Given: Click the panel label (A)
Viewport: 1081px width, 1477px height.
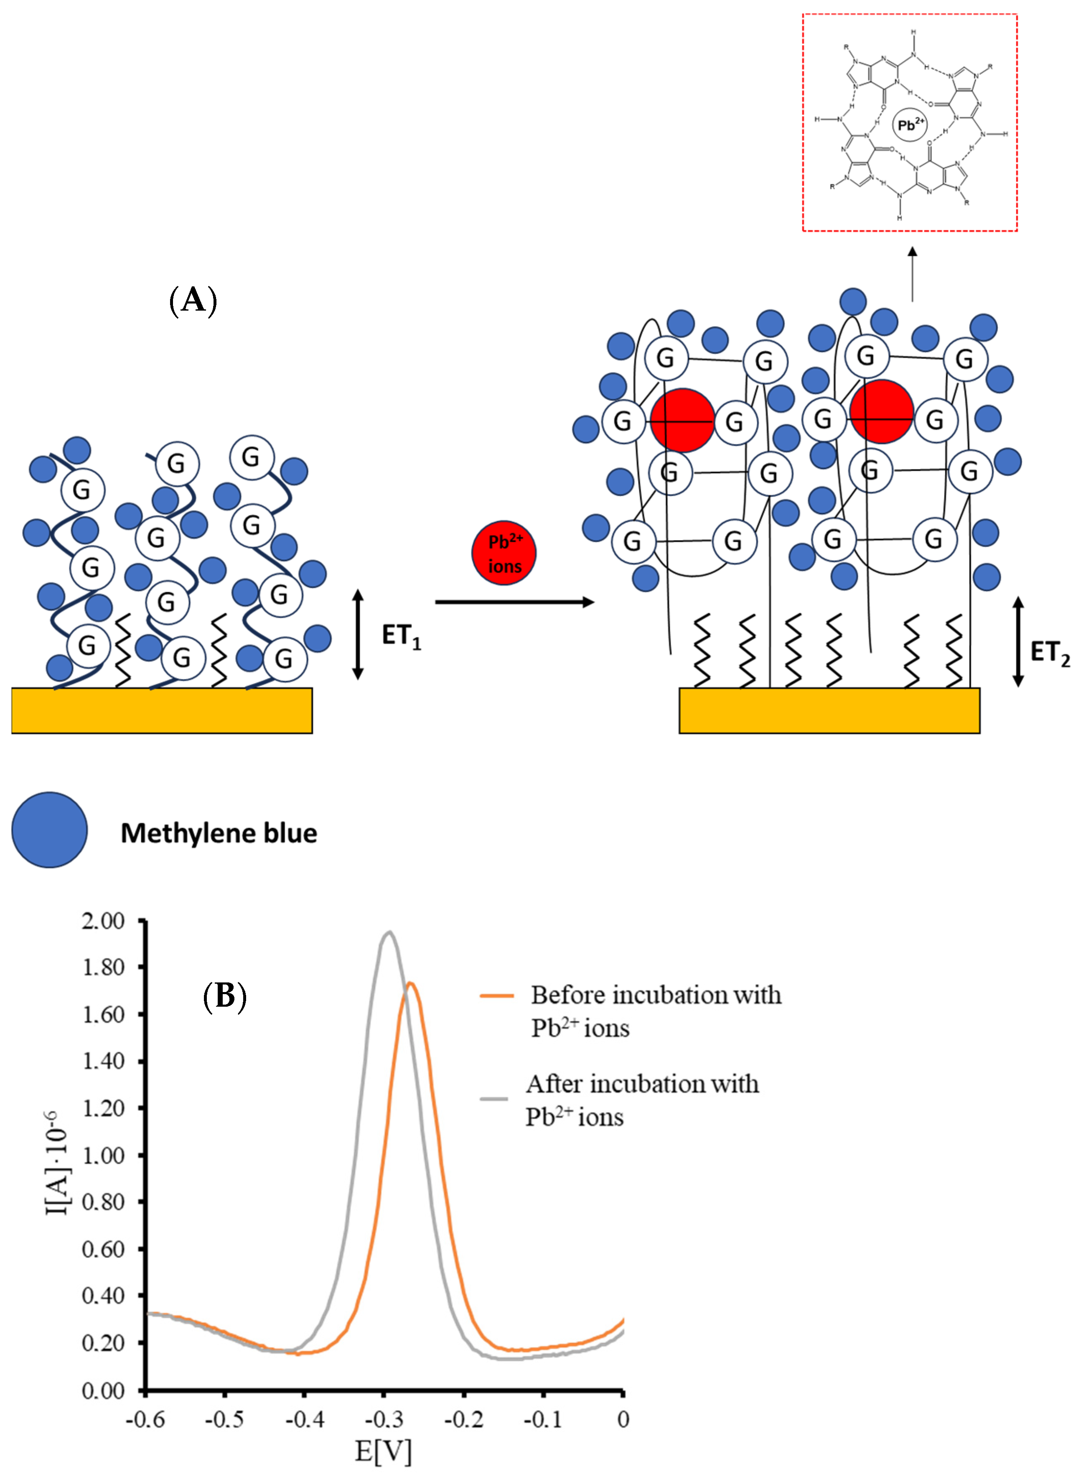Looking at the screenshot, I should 193,301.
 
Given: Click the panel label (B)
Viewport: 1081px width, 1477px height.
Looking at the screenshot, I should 224,997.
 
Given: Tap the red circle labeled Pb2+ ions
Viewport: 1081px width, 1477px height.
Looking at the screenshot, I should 504,553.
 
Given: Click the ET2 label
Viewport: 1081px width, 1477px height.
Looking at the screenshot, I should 1050,653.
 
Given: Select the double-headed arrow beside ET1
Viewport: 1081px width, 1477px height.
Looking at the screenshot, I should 357,634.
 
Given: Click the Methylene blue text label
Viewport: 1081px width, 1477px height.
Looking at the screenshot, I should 219,833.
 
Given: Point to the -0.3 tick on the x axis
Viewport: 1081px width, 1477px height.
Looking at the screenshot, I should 384,1419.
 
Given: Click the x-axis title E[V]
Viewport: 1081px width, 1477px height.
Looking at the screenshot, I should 384,1451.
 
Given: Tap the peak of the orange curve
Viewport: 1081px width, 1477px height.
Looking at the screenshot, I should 410,983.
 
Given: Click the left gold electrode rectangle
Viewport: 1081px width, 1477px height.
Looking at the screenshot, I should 162,710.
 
